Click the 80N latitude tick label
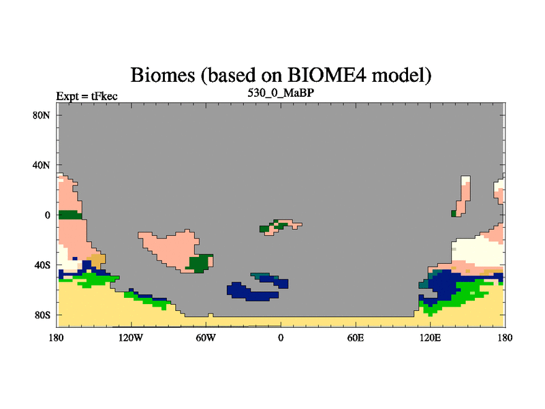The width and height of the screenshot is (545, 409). (42, 115)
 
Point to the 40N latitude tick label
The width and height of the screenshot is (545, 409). (42, 165)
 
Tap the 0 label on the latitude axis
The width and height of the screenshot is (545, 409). (47, 215)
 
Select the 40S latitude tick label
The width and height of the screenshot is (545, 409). (42, 265)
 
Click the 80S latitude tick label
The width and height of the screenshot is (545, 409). (42, 315)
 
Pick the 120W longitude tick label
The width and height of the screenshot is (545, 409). (131, 337)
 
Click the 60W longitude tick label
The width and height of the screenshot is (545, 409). (206, 337)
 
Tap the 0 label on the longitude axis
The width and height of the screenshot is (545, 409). (281, 337)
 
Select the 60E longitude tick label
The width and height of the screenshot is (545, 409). (356, 337)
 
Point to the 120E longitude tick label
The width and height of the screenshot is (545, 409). (431, 337)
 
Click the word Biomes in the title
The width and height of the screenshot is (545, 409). (163, 75)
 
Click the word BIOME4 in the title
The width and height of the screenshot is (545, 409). (327, 75)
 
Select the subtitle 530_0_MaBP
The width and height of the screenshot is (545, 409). (281, 93)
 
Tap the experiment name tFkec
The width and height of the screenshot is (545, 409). (104, 96)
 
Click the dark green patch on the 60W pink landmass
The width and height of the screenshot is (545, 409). (200, 263)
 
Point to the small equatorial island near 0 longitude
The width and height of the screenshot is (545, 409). (281, 227)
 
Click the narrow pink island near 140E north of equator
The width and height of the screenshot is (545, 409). (462, 196)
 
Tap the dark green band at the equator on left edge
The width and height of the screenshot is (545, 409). (70, 215)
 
